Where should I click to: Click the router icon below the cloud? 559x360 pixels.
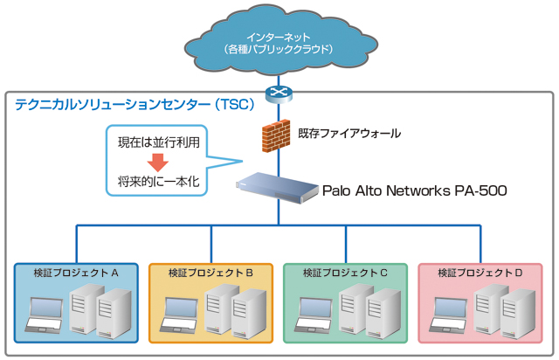point(279,92)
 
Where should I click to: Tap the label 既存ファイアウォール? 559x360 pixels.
point(349,134)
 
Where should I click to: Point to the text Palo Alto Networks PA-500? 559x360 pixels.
point(414,190)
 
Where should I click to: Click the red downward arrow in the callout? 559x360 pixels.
point(157,162)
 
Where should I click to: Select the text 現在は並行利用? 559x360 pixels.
point(157,142)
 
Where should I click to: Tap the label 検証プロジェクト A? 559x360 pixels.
point(76,273)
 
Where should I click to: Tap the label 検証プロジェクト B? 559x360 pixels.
point(210,273)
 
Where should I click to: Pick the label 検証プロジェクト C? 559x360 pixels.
point(345,273)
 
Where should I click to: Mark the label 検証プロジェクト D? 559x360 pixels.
point(480,273)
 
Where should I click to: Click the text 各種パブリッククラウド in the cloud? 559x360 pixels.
point(279,49)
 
